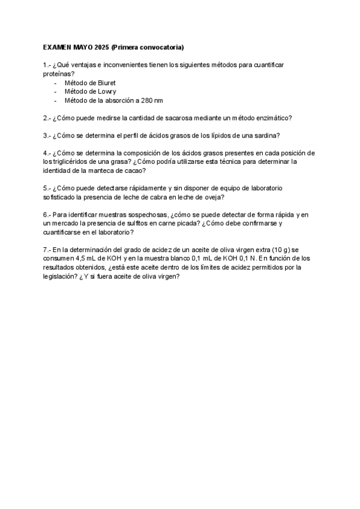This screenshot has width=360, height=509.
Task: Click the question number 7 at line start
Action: (46, 250)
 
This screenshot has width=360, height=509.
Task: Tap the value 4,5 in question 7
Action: (82, 259)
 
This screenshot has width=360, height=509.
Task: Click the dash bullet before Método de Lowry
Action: (56, 91)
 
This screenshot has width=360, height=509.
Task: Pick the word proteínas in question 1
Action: (57, 73)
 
